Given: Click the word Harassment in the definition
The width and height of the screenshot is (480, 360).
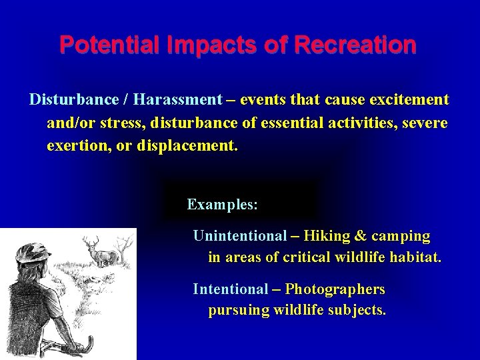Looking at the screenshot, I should [x=177, y=100].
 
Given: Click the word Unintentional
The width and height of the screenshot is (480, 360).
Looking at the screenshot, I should [x=239, y=236].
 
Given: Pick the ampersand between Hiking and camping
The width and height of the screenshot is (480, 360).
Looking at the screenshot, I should [x=361, y=236].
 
